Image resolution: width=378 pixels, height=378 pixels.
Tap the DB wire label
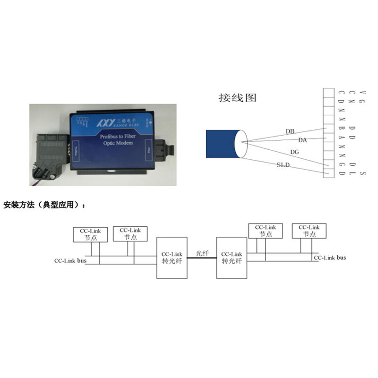pyautogui.click(x=291, y=131)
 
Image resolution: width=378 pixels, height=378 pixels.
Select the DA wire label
pyautogui.click(x=303, y=140)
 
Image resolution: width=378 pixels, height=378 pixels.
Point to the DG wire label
pyautogui.click(x=294, y=152)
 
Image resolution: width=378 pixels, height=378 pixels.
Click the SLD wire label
pyautogui.click(x=283, y=164)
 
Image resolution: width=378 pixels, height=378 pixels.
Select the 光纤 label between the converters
pyautogui.click(x=202, y=254)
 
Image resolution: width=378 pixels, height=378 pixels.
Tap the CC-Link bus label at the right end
pyautogui.click(x=330, y=258)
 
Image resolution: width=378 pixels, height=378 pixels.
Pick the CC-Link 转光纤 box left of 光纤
pyautogui.click(x=172, y=258)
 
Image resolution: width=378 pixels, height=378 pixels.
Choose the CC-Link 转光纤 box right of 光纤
pyautogui.click(x=232, y=258)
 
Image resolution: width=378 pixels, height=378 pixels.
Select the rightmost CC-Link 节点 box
pyautogui.click(x=309, y=231)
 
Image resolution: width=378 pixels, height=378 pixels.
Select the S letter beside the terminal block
pyautogui.click(x=362, y=173)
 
